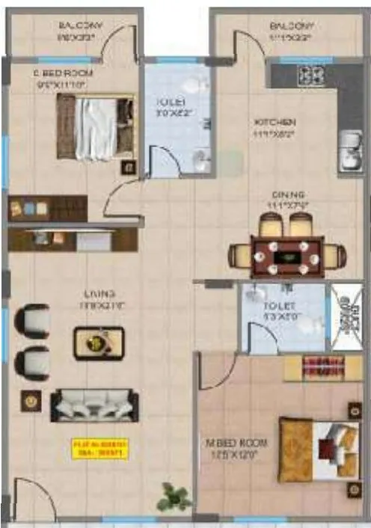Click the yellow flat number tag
tap(100, 448)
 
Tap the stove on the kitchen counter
tap(312, 75)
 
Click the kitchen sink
tap(348, 153)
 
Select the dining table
tap(288, 257)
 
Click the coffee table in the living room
tap(96, 343)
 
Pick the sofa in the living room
tap(94, 405)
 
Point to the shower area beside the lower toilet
tap(346, 319)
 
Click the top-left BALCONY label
tap(81, 26)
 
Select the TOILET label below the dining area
tap(279, 307)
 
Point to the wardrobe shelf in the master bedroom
tap(322, 368)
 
